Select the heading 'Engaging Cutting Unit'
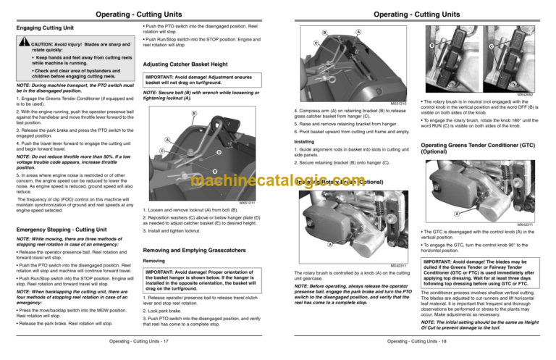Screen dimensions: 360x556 coord(46,28)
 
